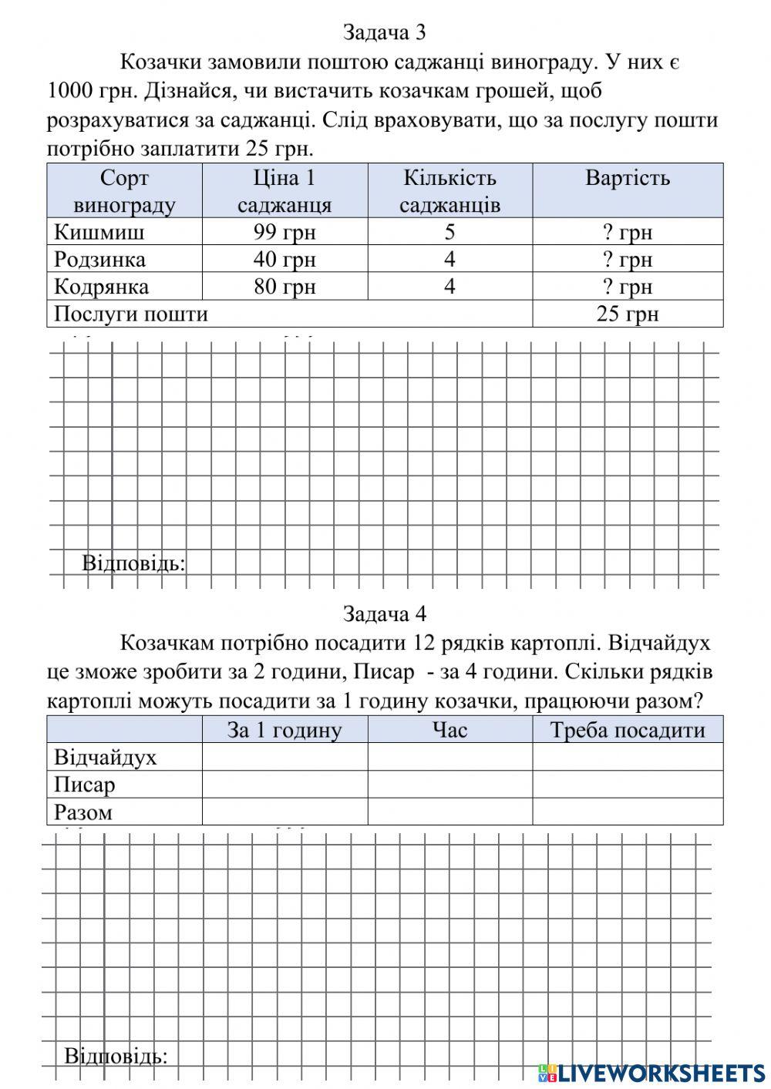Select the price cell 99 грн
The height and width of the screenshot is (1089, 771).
click(284, 232)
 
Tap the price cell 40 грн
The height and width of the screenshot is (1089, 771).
click(284, 259)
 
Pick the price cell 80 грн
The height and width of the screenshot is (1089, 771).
click(284, 287)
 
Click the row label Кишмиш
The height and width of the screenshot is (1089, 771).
click(99, 232)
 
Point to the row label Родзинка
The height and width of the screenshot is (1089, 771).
click(99, 259)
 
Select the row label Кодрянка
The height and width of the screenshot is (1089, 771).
click(101, 287)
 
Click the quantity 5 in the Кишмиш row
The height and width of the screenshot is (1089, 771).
click(449, 232)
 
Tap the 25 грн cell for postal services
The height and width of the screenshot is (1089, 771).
click(627, 314)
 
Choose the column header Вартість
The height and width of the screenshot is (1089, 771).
click(627, 179)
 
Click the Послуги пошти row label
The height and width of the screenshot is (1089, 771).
click(131, 314)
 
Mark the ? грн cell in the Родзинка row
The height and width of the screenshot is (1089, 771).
click(627, 259)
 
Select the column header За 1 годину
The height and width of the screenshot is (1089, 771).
click(284, 730)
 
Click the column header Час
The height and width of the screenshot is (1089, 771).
click(449, 730)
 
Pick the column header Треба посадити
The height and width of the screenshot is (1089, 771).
click(627, 730)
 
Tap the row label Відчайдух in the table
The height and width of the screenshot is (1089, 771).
click(105, 757)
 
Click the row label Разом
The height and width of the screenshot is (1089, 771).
click(83, 812)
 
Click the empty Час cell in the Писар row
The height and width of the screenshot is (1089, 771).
click(449, 785)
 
